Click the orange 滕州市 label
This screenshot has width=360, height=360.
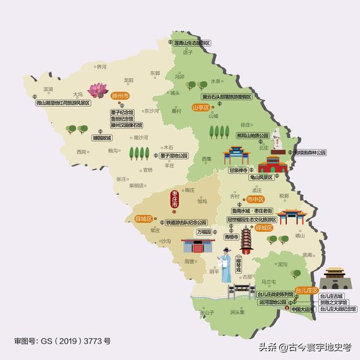coord(120,96)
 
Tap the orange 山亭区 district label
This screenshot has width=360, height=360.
coord(200,107)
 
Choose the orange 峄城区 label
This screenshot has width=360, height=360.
coord(264,228)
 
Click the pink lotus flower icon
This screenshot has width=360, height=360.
coord(98,90)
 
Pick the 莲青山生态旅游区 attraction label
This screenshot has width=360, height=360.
coord(191,43)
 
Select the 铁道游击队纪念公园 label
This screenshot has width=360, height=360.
coord(186,223)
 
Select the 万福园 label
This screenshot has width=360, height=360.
coord(204,232)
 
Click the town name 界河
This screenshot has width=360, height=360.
coord(101,67)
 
